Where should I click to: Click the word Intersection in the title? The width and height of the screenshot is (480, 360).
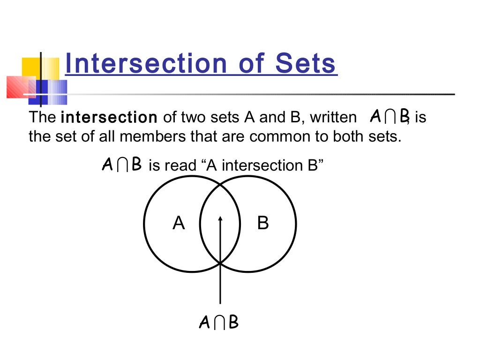(x=141, y=64)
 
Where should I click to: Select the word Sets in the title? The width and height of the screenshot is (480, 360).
(x=305, y=64)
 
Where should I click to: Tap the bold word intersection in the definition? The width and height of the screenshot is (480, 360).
(x=109, y=117)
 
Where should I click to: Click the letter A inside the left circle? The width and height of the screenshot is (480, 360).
(x=179, y=223)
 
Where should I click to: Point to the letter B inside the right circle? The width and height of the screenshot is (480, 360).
(x=263, y=223)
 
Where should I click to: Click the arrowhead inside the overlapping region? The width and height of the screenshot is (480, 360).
(x=220, y=219)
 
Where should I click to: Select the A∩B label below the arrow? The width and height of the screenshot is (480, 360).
(x=219, y=323)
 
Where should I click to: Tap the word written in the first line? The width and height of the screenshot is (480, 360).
(x=333, y=117)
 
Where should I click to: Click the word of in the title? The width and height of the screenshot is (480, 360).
(x=247, y=64)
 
